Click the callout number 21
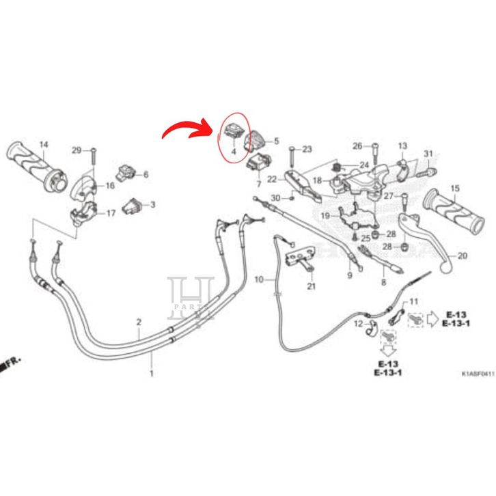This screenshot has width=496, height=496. tap(312, 286)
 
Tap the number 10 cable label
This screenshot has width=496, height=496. tap(259, 280)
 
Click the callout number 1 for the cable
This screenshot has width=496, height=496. tap(152, 374)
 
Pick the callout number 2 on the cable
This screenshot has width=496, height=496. tap(139, 321)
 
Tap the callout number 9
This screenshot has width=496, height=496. tap(348, 275)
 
